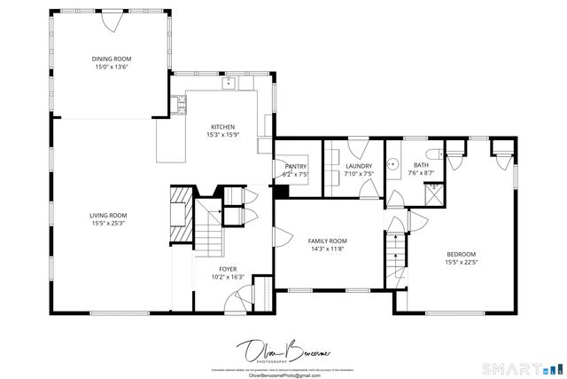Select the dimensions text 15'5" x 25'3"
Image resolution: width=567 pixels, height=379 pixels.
coord(108,223)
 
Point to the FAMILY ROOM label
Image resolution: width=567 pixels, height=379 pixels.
coord(327,241)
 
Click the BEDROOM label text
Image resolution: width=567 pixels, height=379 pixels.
coord(461,254)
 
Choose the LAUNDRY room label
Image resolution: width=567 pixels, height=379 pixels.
coord(358,166)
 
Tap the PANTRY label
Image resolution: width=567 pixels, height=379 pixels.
coord(295,166)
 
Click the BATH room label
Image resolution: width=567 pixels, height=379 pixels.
coord(421,165)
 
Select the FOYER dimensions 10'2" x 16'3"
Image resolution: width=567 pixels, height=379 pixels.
coord(228,277)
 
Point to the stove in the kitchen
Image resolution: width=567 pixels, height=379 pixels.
coord(183,107)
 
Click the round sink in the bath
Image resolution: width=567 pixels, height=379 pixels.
coord(399,165)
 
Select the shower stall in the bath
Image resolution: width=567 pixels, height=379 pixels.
coord(436,193)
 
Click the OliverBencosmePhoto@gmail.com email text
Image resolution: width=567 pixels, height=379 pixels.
coord(283,375)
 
